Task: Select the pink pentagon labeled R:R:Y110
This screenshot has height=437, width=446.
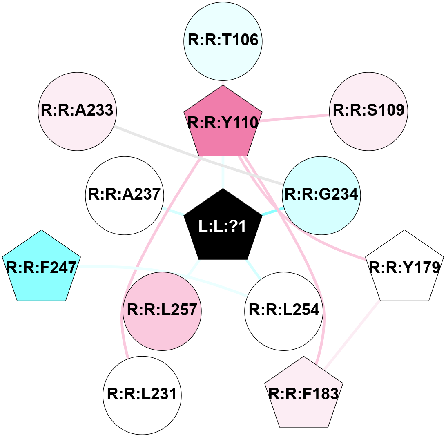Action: tap(223, 123)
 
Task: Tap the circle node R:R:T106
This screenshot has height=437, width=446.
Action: tap(223, 41)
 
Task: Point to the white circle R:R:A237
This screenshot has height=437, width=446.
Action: tap(124, 195)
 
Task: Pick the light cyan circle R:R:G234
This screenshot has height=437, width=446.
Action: tap(321, 195)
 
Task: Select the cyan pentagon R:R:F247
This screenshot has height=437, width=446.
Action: tap(41, 268)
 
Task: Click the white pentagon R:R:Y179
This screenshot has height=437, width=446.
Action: tap(404, 268)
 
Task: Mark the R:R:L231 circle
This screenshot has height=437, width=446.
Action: tap(142, 395)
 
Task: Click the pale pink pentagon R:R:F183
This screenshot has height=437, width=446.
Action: tap(304, 394)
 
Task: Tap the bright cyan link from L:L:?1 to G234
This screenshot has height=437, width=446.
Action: tap(272, 212)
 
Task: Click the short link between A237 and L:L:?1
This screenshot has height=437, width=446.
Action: tap(173, 211)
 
